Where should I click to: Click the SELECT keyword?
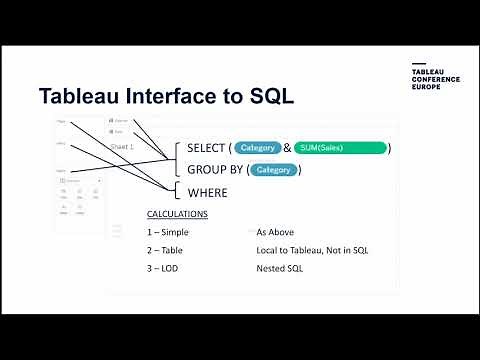click(206, 148)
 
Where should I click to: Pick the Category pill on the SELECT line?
click(258, 148)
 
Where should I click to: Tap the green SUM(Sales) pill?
click(341, 148)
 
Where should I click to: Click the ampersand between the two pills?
click(287, 148)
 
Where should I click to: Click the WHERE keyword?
click(207, 192)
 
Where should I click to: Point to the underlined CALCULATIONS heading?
click(177, 214)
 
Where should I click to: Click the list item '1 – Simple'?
click(167, 232)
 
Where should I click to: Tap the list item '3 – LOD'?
click(163, 268)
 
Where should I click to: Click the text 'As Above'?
click(274, 232)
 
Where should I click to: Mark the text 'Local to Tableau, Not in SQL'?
click(312, 250)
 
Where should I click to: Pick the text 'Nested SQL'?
click(280, 268)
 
